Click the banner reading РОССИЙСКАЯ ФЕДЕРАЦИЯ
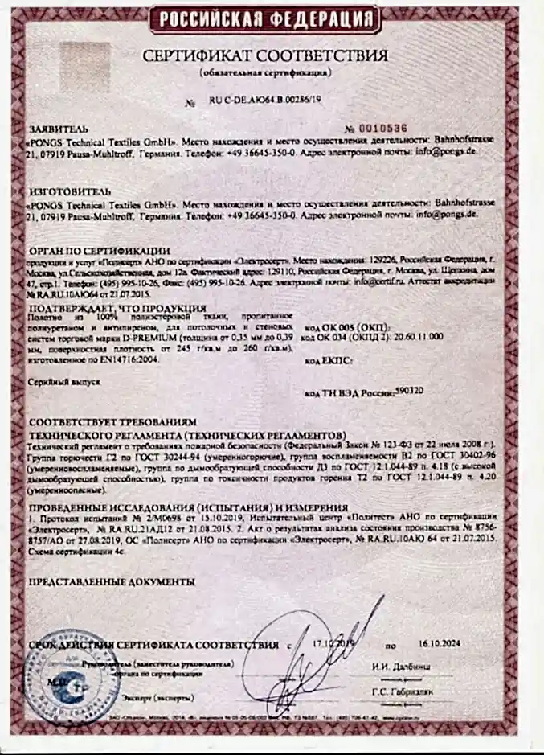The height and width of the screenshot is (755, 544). pyautogui.click(x=266, y=18)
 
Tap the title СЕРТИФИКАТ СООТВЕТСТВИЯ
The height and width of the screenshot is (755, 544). pyautogui.click(x=265, y=56)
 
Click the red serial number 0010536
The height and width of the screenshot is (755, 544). pyautogui.click(x=387, y=129)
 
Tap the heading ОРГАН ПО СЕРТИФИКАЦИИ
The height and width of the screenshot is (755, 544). pyautogui.click(x=100, y=251)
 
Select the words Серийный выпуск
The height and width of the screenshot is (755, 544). pyautogui.click(x=65, y=384)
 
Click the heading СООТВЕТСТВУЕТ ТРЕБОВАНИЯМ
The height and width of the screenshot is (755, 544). pyautogui.click(x=112, y=422)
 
